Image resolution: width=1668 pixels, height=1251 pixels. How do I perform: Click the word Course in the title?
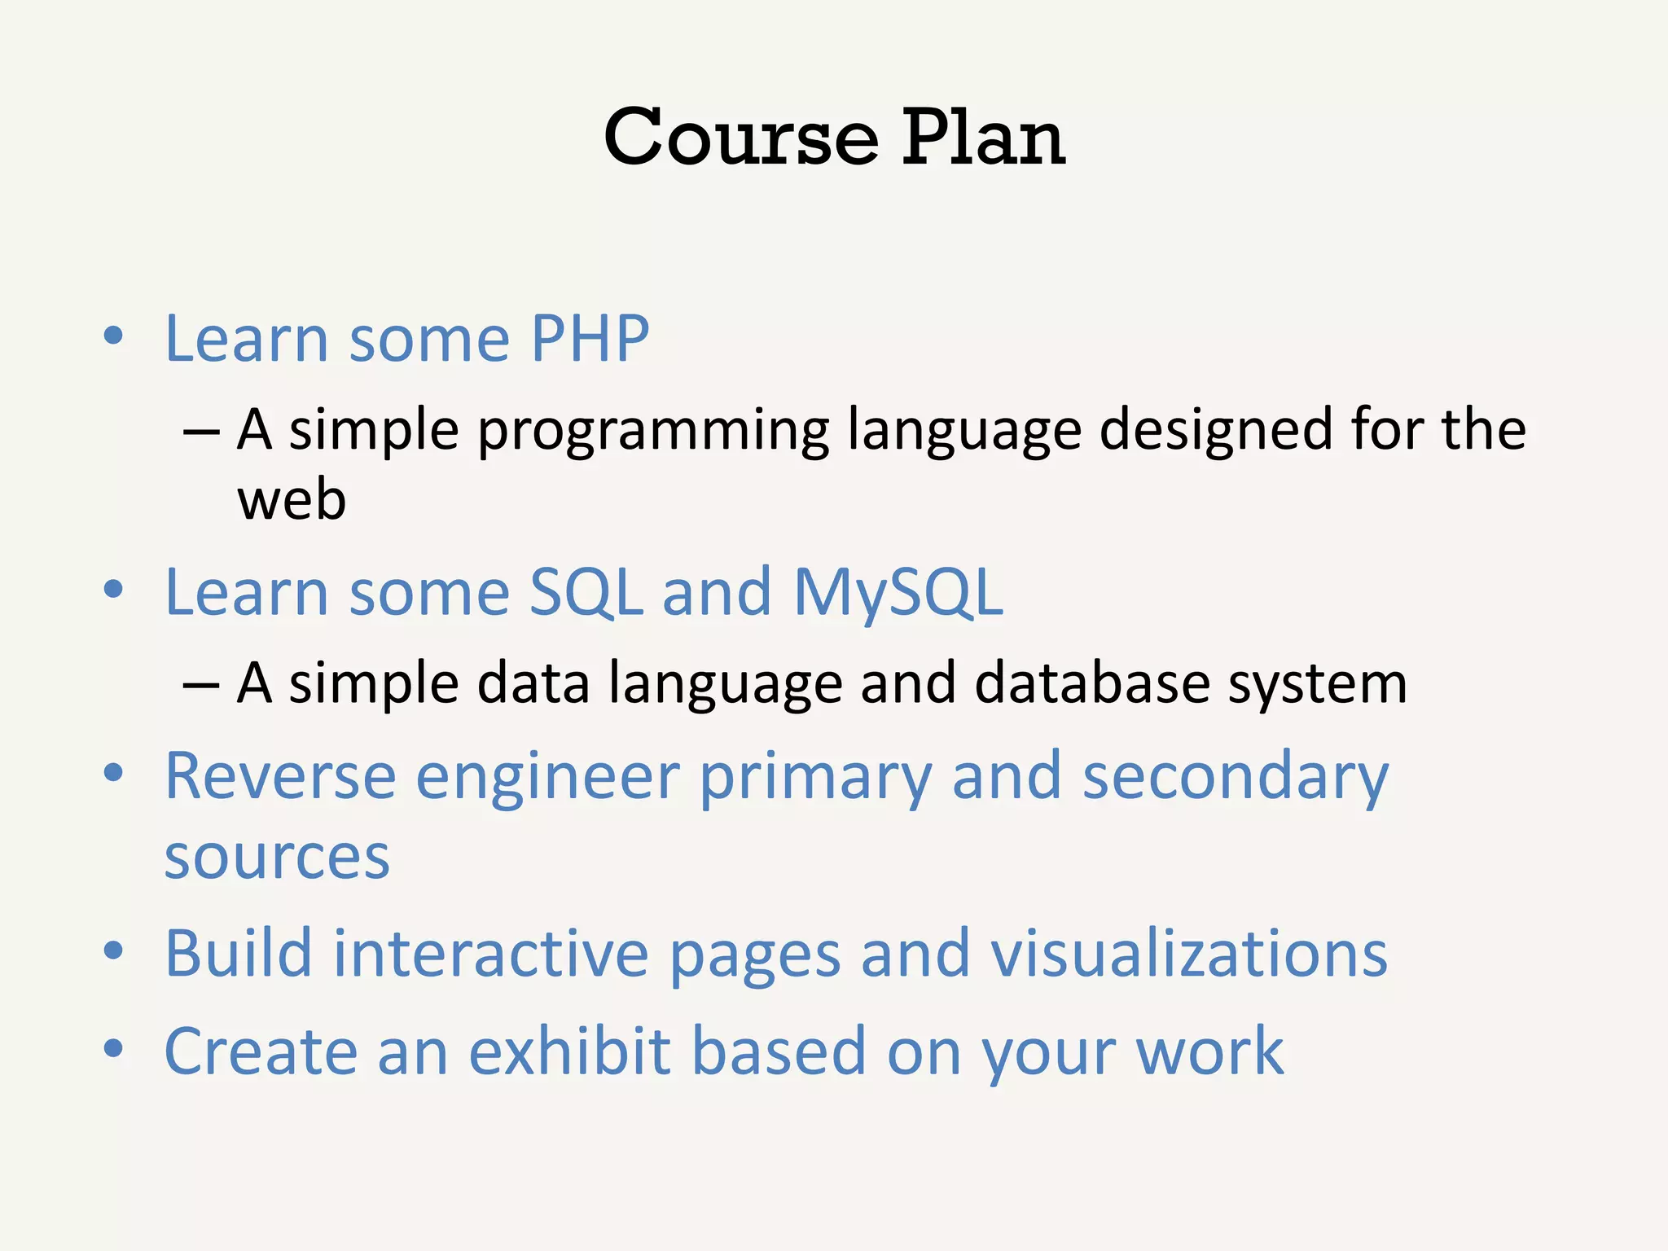tap(741, 138)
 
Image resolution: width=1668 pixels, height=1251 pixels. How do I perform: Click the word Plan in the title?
tap(983, 138)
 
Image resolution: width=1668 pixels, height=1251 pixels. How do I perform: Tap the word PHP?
tap(590, 339)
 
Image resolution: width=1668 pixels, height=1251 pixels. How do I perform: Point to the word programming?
tap(652, 432)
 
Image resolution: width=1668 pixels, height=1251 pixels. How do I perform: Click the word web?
tap(292, 500)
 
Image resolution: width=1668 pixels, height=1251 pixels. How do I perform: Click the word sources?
tap(277, 858)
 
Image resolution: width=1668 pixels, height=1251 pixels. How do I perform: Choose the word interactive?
tap(490, 954)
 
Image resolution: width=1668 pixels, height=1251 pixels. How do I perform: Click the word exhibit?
tap(570, 1051)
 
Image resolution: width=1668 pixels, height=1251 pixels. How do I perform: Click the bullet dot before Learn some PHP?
tap(113, 336)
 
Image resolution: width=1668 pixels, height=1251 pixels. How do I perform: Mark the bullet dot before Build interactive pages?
tap(113, 950)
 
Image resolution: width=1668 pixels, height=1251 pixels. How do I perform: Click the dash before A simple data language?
tap(201, 685)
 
